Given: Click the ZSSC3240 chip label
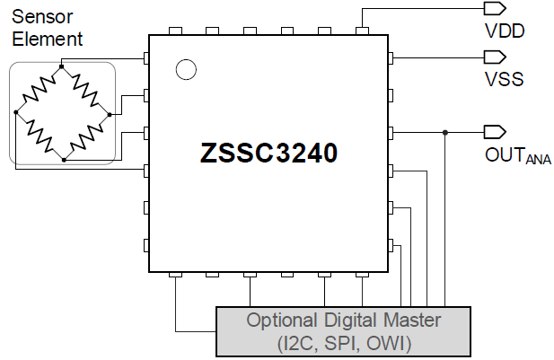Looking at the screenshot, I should [x=268, y=154].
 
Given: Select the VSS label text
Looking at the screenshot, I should [x=504, y=79].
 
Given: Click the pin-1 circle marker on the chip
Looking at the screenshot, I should [x=186, y=69].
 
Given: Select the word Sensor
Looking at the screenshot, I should [x=42, y=16].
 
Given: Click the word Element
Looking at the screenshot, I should [x=48, y=39].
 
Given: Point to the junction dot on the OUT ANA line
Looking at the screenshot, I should [x=445, y=133].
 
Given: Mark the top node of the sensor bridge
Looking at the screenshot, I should [x=61, y=66].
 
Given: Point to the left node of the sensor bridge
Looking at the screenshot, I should [x=15, y=113].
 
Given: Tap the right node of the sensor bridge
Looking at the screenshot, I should [x=109, y=114].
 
